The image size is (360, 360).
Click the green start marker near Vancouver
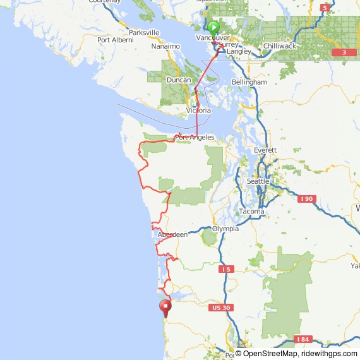(x=213, y=27)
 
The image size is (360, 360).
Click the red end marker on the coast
(x=165, y=308)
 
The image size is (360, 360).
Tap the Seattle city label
(x=258, y=181)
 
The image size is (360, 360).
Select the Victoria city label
(x=198, y=111)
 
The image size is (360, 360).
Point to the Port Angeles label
(x=195, y=137)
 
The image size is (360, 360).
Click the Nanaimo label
(x=166, y=46)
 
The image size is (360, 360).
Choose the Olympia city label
(x=225, y=229)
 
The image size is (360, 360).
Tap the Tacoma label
(x=252, y=211)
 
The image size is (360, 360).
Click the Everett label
(x=265, y=150)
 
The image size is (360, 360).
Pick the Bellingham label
(x=249, y=82)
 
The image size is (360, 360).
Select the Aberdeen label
(x=172, y=234)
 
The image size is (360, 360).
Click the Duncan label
(x=179, y=80)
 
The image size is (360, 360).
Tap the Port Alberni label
(x=116, y=40)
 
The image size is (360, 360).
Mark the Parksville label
(x=143, y=32)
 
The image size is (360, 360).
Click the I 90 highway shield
(x=306, y=199)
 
